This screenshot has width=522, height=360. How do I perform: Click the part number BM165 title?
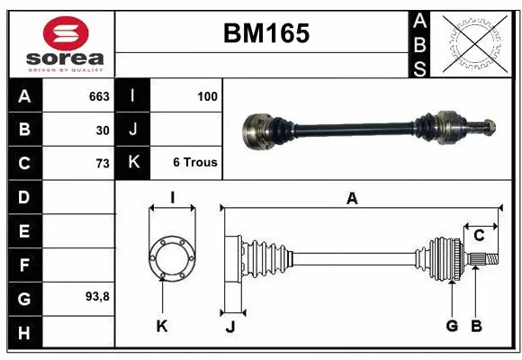(265, 33)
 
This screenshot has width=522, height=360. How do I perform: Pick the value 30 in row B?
(103, 130)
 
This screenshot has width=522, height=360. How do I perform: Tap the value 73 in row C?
(103, 164)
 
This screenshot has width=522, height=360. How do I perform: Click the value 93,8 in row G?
(97, 296)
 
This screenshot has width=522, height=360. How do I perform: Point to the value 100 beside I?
(207, 96)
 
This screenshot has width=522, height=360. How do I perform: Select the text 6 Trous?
(195, 163)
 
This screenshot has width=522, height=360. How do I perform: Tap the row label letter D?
(23, 197)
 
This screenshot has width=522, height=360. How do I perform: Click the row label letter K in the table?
(133, 163)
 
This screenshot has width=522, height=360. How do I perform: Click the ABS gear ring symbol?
(475, 42)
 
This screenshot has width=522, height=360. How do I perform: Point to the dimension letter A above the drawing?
(352, 199)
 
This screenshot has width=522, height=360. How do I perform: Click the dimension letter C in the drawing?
(479, 236)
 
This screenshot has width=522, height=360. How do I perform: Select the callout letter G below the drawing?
(452, 326)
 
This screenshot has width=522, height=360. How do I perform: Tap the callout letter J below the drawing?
(230, 327)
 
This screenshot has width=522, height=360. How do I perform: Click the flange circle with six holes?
(171, 258)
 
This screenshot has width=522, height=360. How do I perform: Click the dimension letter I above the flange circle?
(171, 198)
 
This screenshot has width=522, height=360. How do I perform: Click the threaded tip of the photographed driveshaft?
(491, 125)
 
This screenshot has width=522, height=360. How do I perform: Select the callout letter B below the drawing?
(477, 326)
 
